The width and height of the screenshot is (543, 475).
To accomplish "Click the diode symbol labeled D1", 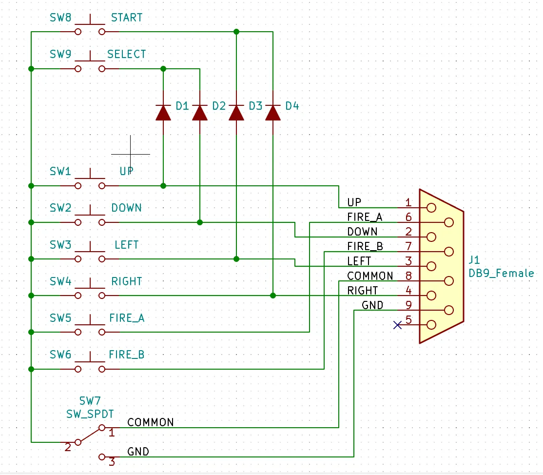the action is coord(163,113).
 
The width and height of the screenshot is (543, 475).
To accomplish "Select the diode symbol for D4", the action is coord(273,113).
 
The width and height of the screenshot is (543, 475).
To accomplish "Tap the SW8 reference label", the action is coord(60,18).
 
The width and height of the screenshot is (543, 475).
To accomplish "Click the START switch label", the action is coord(126,18).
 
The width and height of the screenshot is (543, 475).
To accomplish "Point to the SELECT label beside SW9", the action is coord(126,55).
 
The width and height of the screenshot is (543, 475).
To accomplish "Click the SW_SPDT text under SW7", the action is coord(90,414).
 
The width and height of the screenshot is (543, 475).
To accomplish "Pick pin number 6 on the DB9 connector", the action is coord(408,217).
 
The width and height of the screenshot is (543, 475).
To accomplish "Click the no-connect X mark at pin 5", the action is coord(398,325).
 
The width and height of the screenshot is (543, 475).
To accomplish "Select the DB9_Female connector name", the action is coord(501,274).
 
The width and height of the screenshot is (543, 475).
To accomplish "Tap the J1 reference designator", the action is coord(474,260).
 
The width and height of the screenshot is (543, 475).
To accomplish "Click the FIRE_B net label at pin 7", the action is coord(365,246).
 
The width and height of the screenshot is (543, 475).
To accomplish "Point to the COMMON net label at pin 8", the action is coord(370,276).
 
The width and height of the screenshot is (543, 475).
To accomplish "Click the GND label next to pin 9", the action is coord(372,305).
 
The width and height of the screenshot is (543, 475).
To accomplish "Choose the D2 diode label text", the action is coord(219,106).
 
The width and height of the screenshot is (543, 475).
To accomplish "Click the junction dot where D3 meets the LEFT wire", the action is coord(236,259).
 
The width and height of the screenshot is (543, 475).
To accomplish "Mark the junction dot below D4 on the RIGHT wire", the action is coord(273,296).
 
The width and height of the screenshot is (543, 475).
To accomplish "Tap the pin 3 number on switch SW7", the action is coord(112,462).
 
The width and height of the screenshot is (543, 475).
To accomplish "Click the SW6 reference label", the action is coord(60,355).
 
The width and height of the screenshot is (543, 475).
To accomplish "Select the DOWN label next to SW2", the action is coord(126,208).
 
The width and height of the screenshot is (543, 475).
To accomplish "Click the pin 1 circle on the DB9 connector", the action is coord(431,208).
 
